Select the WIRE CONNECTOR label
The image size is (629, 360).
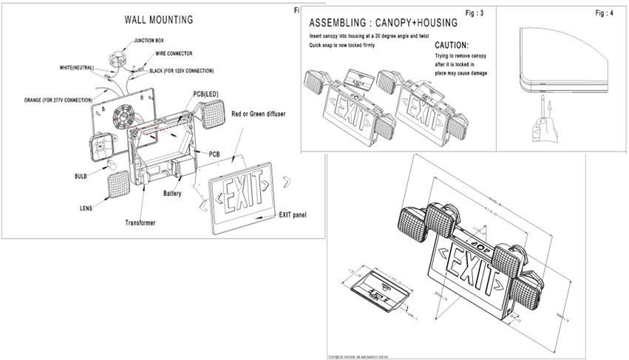click(x=174, y=54)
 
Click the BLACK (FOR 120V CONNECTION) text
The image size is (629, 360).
click(x=181, y=71)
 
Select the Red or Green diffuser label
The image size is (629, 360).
click(x=259, y=114)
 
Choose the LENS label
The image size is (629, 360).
click(x=86, y=208)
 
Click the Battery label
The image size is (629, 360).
click(x=172, y=194)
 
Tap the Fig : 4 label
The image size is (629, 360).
click(x=604, y=14)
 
